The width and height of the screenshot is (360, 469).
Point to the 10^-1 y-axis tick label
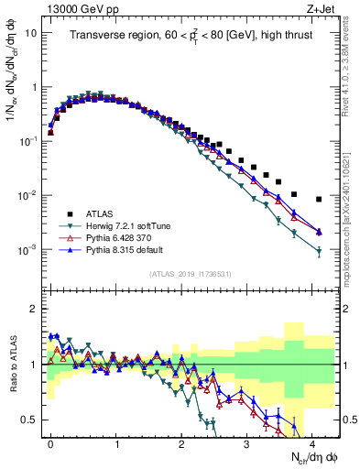click(29, 142)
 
